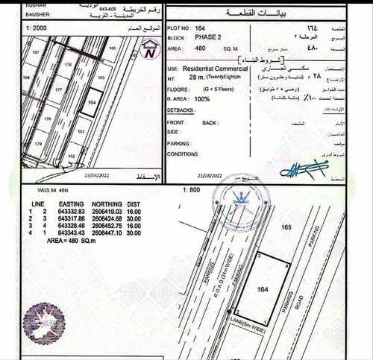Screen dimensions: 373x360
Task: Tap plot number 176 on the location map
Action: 69,66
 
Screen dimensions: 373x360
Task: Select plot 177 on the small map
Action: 59,88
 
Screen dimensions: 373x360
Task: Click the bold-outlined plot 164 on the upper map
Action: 90,104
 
